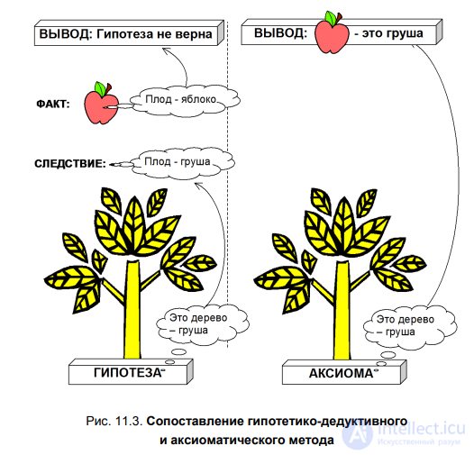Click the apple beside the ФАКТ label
[101, 104]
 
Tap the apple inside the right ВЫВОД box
[332, 33]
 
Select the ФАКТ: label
[53, 105]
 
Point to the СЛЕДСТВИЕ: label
[70, 164]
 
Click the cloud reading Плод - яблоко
[185, 100]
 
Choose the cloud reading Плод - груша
[182, 163]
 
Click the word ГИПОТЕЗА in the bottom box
[128, 373]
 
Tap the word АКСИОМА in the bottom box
[341, 373]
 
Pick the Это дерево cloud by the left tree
[203, 324]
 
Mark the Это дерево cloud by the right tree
[410, 326]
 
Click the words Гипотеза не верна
[154, 34]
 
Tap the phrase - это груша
[388, 33]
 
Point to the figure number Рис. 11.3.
[114, 421]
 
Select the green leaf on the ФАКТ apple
[100, 88]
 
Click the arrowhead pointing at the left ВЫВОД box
[167, 50]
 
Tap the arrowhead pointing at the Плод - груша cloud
[199, 186]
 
